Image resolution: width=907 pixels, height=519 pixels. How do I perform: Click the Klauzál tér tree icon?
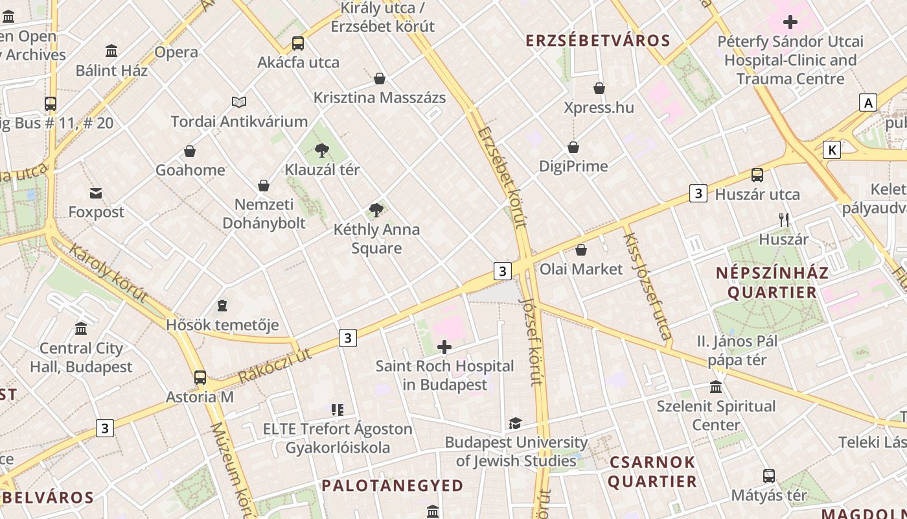point(321,151)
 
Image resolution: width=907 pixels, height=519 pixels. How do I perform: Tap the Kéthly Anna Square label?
point(376,238)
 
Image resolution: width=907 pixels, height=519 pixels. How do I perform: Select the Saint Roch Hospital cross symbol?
point(444,347)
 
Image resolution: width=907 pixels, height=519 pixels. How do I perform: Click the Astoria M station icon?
point(200,377)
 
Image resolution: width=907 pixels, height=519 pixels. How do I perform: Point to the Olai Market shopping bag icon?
point(581,250)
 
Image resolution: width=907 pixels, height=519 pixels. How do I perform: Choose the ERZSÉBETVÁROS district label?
point(597,41)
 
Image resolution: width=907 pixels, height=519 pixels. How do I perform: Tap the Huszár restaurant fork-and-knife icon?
point(784,220)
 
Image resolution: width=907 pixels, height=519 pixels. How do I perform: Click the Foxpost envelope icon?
point(96,193)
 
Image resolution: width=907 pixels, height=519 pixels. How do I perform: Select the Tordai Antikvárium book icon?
point(239,102)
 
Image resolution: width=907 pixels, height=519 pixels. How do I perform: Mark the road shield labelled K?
point(832,151)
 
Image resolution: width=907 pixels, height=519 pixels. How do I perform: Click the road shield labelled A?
point(867,103)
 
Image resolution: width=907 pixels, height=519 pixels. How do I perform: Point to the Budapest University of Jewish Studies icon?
point(515,423)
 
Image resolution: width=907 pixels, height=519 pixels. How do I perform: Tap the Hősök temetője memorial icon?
point(222,305)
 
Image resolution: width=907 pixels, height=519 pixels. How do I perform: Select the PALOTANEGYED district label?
point(393,485)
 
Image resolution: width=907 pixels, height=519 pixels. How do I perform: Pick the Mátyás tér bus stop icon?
point(769,476)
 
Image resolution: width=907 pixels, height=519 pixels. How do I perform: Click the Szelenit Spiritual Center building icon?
point(716,387)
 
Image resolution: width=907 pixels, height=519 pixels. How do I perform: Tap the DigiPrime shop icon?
point(573,147)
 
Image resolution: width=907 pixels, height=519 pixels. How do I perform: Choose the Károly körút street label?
point(108,273)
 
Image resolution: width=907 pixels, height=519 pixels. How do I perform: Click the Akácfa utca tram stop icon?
point(298,43)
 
